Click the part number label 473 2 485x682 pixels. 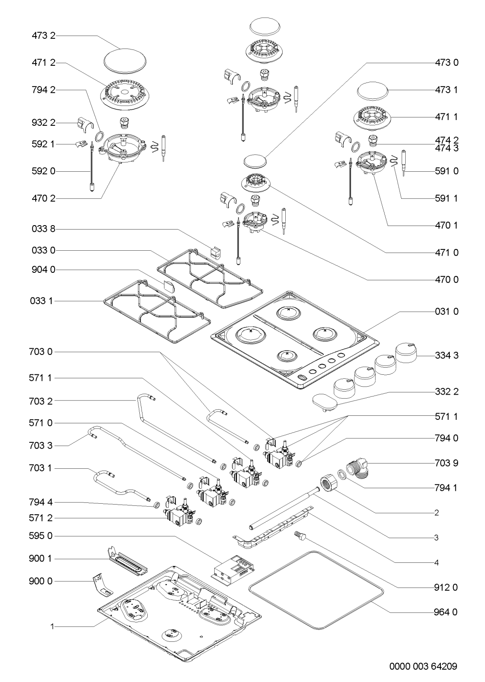click(x=43, y=36)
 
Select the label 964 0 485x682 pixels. click(x=445, y=612)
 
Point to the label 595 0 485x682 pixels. click(x=43, y=536)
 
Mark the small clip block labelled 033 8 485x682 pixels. click(x=215, y=252)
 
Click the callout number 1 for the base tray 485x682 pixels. click(x=52, y=626)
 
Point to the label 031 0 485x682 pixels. click(x=445, y=311)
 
